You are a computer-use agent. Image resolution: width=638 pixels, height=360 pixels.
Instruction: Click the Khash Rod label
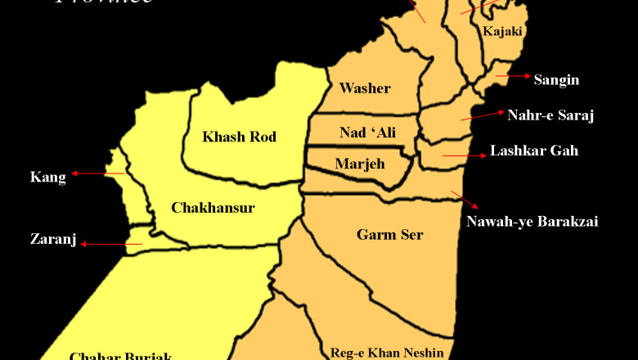[x=240, y=137]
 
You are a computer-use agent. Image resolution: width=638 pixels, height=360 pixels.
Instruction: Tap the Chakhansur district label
[x=213, y=208]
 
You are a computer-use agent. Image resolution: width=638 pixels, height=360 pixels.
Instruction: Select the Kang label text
[x=47, y=177]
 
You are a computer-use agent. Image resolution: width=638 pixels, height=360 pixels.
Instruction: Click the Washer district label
[x=365, y=88]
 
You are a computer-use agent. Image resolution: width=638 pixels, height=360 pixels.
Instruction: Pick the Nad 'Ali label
[x=367, y=132]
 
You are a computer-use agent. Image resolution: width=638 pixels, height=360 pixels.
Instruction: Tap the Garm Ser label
[x=389, y=235]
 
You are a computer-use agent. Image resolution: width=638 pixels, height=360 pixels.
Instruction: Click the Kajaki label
[x=502, y=32]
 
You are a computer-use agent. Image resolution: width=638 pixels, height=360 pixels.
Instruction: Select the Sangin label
[x=556, y=79]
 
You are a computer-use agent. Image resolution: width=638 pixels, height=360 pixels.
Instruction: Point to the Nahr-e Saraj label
[x=550, y=115]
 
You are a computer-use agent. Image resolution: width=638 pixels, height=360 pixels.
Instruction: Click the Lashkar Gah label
[x=534, y=151]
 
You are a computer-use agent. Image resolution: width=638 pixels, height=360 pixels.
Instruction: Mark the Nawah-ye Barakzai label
[x=532, y=221]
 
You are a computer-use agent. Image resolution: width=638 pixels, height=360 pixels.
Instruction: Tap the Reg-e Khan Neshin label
[x=387, y=353]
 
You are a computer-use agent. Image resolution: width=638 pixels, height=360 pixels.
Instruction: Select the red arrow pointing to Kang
[x=97, y=173]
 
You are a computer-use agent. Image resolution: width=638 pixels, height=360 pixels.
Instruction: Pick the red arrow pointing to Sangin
[x=513, y=76]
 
